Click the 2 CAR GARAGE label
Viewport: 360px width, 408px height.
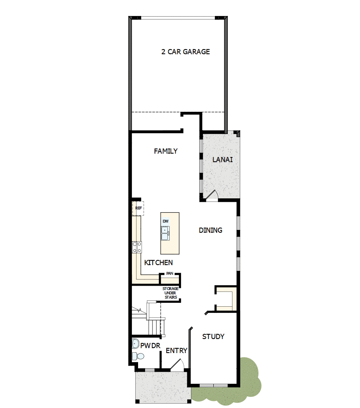(x=186, y=51)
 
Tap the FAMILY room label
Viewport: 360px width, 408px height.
(x=166, y=151)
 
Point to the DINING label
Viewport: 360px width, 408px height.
(x=211, y=230)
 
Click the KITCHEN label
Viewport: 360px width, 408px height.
(x=158, y=263)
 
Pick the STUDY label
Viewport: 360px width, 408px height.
(x=213, y=337)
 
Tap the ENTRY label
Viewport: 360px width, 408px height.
(x=177, y=351)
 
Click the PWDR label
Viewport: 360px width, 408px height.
(x=150, y=345)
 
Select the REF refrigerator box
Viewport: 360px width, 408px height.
(x=138, y=208)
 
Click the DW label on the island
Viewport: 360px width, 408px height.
(x=166, y=221)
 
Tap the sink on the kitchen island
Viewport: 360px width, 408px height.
(x=165, y=235)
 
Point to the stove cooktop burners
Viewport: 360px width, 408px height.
(x=137, y=247)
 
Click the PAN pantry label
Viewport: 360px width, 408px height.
(x=170, y=273)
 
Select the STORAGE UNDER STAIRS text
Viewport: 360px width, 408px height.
(x=170, y=293)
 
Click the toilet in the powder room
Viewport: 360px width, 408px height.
(x=138, y=356)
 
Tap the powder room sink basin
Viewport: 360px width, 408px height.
(x=135, y=344)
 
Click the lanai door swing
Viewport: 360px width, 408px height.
(x=212, y=196)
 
